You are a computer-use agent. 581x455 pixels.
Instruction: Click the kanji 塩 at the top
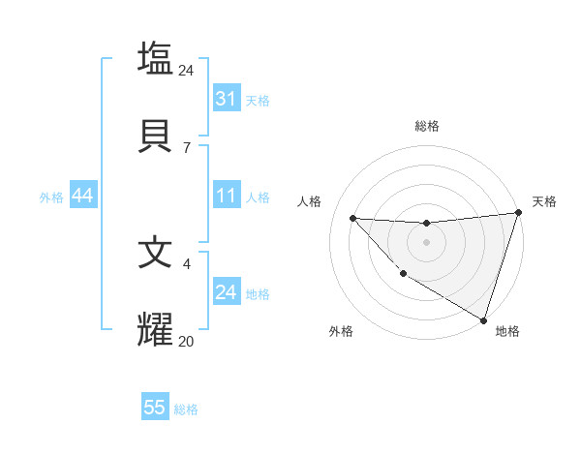pos(155,58)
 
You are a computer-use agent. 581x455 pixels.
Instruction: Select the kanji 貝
pos(155,136)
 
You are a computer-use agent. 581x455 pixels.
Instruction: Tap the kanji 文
pos(155,252)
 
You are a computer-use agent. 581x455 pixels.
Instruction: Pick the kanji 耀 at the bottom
pos(155,330)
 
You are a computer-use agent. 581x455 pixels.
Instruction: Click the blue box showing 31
pos(226,99)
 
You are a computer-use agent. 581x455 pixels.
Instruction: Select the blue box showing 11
pos(226,196)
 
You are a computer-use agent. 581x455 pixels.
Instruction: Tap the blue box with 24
pos(226,292)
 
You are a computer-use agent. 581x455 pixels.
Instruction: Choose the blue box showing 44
pos(82,196)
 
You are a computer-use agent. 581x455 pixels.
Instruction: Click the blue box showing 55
pos(155,408)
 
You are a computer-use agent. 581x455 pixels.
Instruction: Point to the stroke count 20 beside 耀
pos(187,341)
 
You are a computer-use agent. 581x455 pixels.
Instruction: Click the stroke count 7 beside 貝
pos(186,147)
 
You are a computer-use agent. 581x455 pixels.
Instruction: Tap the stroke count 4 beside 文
pos(186,262)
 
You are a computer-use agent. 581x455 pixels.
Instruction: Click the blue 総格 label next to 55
pos(186,409)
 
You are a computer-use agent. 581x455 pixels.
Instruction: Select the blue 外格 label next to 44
pos(51,197)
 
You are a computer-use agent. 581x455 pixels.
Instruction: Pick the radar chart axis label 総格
pos(426,126)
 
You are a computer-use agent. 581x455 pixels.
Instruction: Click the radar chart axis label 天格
pos(544,201)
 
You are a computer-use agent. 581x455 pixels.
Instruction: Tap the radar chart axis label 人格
pos(310,201)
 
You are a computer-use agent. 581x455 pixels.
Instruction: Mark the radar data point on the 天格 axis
pos(518,213)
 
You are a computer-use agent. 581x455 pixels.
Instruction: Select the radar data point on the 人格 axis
pos(352,218)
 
